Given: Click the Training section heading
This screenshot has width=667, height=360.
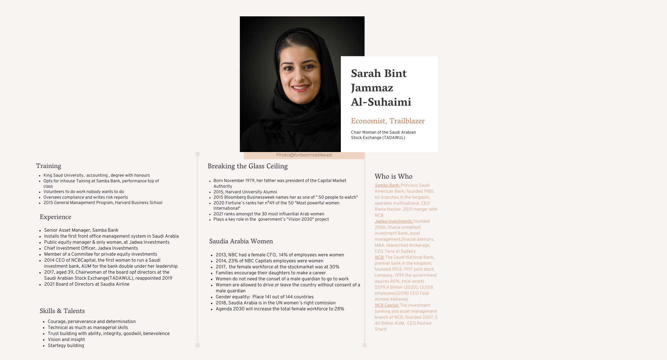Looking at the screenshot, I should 48,166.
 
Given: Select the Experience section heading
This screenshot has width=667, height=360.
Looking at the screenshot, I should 55,217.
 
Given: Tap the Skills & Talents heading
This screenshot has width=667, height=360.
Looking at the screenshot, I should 62,311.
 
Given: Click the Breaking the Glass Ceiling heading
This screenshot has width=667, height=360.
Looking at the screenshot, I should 247,166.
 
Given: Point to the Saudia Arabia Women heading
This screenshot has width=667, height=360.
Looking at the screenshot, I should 241,241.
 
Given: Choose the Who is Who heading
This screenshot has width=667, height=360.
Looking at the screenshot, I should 393,176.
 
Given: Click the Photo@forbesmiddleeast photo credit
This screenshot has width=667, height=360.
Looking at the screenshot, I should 304,155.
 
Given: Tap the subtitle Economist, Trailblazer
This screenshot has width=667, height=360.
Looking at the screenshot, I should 388,121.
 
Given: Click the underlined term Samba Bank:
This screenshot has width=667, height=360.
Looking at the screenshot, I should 387,185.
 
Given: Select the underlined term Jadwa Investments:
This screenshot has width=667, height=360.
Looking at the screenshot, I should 394,221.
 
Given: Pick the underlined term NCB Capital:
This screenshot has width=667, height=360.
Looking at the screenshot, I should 387,305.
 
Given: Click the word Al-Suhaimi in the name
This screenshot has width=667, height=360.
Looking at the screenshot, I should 381,102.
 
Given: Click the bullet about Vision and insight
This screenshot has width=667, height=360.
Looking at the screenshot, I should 66,340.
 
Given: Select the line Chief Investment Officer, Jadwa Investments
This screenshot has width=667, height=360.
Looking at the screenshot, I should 91,248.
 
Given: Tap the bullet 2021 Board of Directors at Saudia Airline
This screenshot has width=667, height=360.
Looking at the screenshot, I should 86,284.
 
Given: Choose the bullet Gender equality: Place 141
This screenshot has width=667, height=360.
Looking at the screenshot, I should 264,297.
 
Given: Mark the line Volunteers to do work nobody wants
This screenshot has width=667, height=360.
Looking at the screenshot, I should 83,192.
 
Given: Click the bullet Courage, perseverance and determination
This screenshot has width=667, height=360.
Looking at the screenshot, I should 91,322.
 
